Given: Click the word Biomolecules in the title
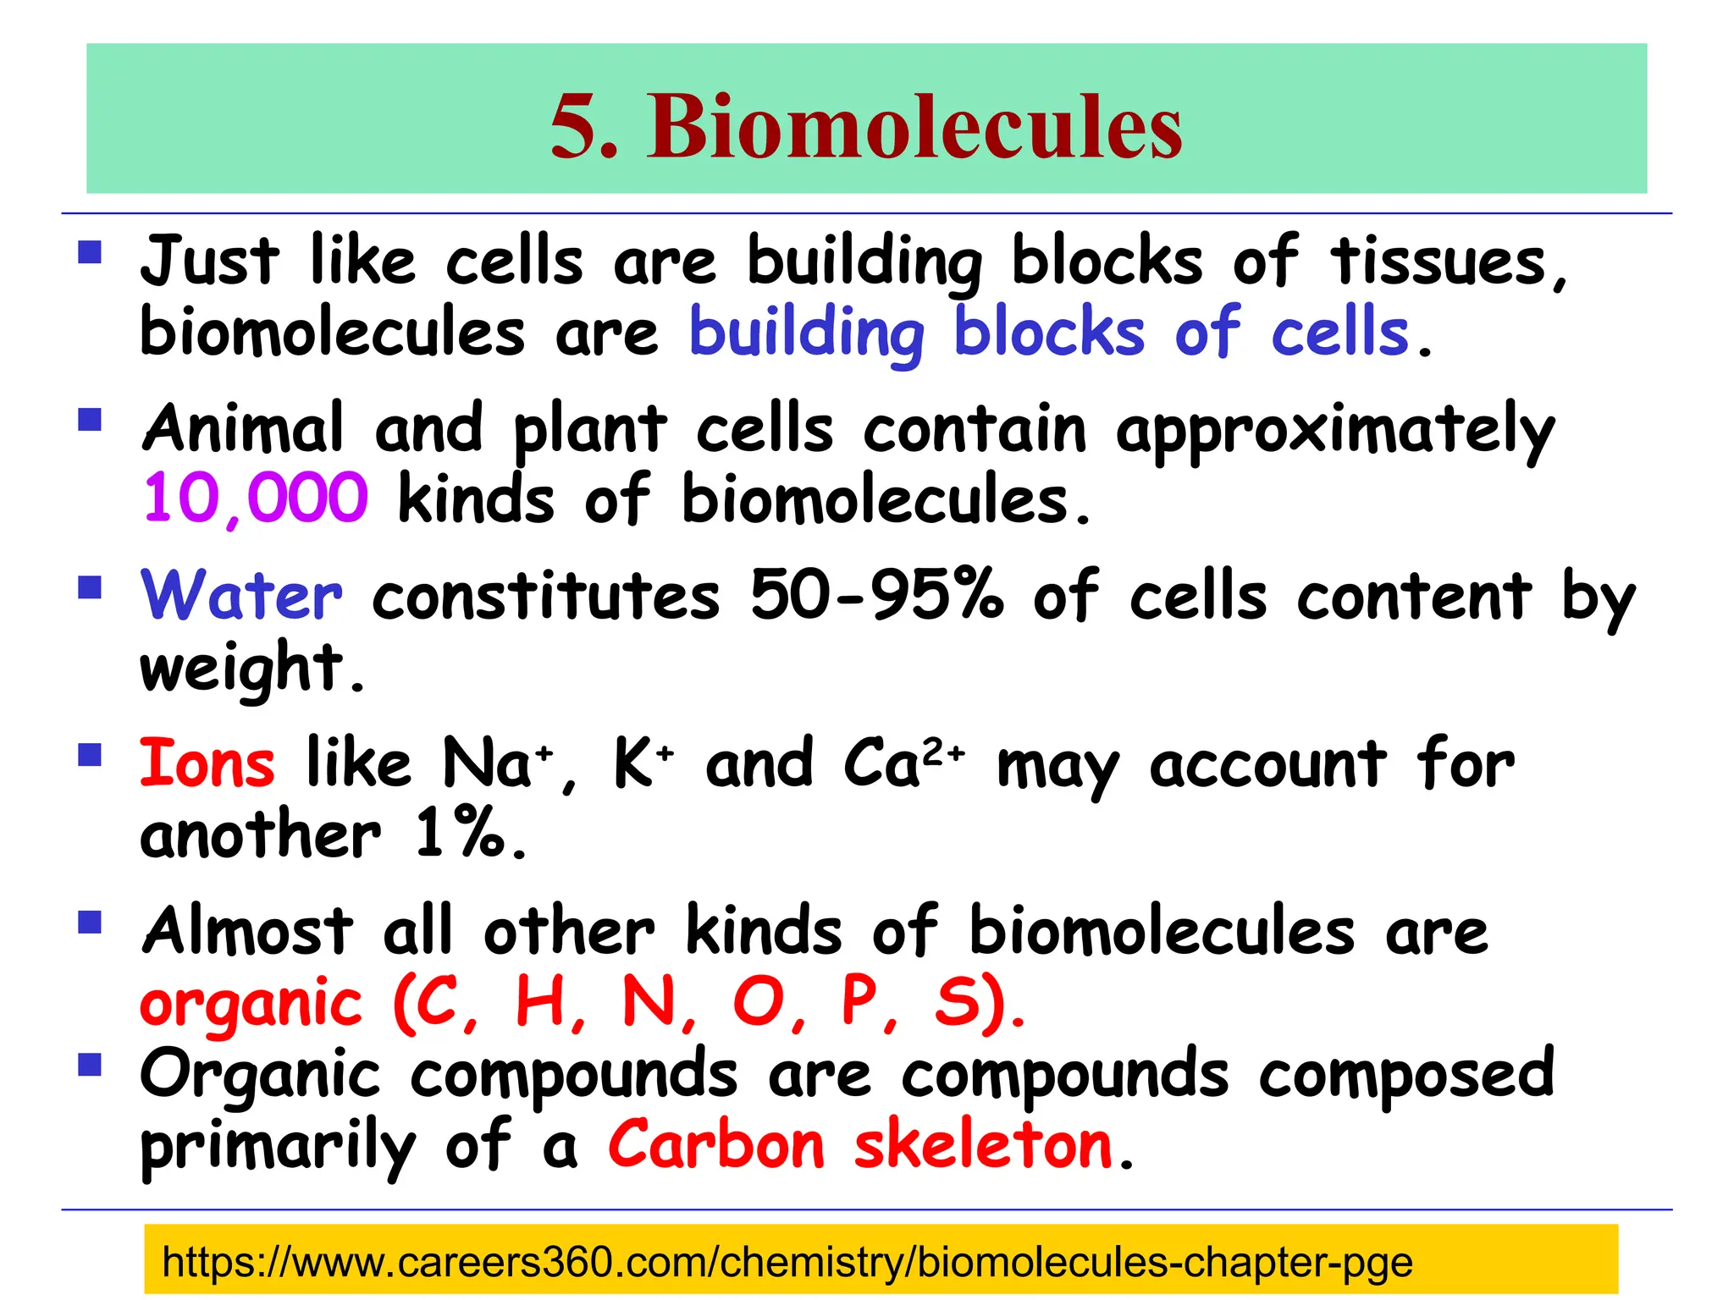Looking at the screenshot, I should [x=914, y=127].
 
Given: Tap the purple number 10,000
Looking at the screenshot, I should [x=255, y=499].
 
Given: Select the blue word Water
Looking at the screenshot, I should [x=242, y=596].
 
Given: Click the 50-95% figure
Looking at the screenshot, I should [x=876, y=594].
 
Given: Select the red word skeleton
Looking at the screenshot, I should [x=983, y=1146].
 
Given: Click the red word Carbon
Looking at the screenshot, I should [x=716, y=1146].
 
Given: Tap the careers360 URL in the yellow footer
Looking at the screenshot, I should [x=787, y=1262].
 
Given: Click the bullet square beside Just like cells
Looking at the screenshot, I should [x=90, y=253].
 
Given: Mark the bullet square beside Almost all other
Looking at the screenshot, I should [x=90, y=922].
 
